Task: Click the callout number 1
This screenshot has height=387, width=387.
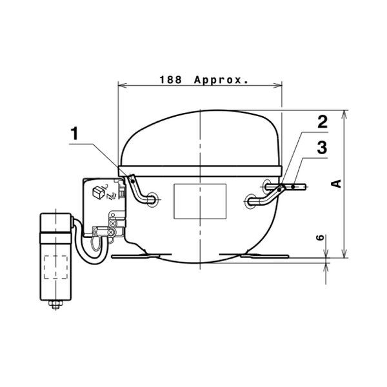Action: [x=74, y=134]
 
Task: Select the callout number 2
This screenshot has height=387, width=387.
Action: [x=322, y=121]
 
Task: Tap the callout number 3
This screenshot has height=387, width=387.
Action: [x=322, y=147]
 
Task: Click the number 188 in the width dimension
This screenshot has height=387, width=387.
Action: [x=171, y=80]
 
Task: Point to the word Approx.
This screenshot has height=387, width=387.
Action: [x=221, y=81]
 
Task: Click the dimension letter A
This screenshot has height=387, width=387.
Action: [x=336, y=184]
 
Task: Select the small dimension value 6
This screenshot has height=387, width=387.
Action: [x=320, y=237]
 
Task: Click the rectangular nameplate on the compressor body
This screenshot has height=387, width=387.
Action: [x=200, y=201]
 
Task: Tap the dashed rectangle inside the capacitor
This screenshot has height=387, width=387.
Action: [x=55, y=267]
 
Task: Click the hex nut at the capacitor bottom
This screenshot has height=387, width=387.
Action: [x=55, y=304]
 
